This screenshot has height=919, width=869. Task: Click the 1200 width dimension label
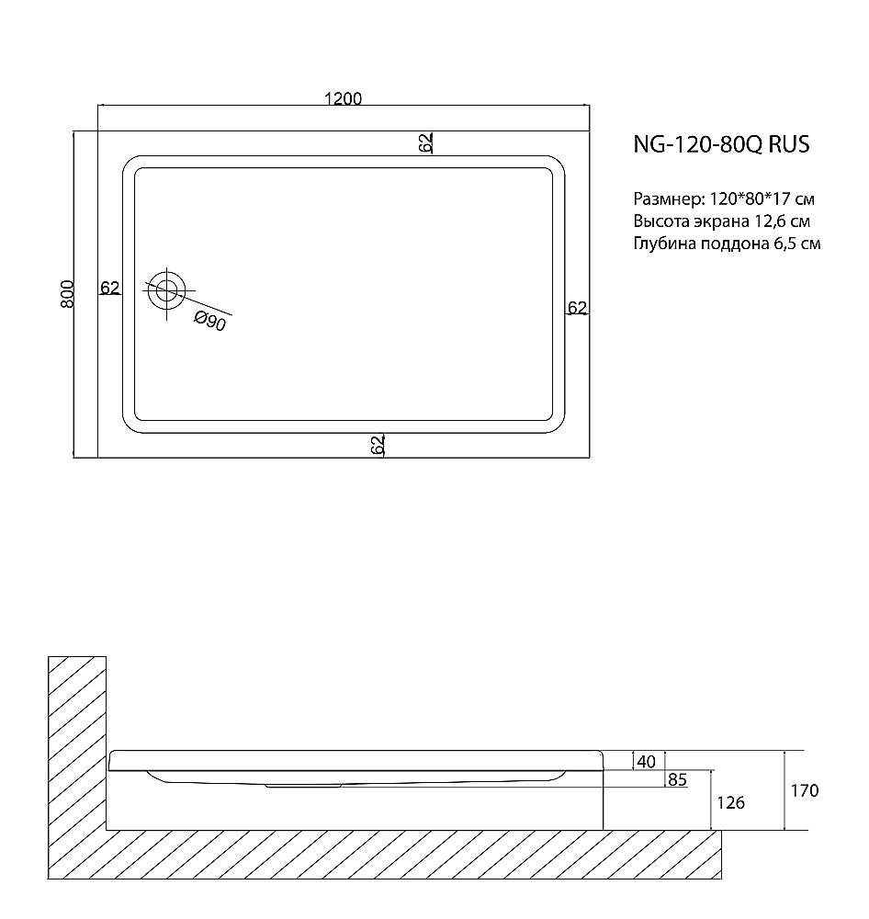[343, 98]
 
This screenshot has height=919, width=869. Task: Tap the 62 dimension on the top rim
[425, 142]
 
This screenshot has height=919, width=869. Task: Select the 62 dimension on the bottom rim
[377, 445]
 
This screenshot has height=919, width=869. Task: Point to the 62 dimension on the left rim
[109, 288]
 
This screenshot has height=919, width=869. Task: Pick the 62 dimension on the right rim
[576, 308]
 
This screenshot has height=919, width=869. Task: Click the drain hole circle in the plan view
[166, 291]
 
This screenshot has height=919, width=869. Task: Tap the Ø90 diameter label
[210, 321]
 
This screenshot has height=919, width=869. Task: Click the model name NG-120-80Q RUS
[721, 145]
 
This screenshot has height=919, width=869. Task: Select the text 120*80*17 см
[762, 199]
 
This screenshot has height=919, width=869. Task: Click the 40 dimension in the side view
[646, 761]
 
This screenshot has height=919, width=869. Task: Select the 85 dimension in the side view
[678, 781]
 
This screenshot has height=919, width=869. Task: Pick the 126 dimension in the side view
[729, 802]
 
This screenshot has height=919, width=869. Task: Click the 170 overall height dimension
[803, 790]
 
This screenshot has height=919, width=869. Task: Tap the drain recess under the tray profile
[303, 786]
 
